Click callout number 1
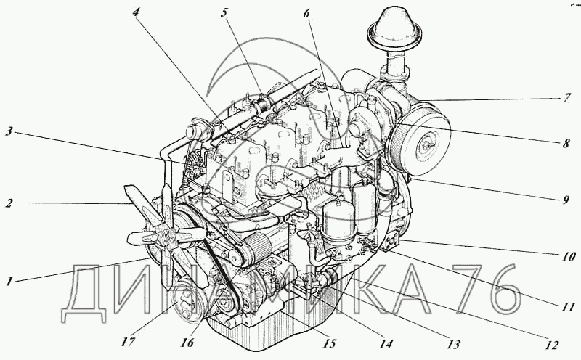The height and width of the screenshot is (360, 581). pos(9,282)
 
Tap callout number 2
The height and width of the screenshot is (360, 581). pos(9,203)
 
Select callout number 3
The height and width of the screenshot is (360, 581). pos(9,131)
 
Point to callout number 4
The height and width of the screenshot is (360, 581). pos(137,12)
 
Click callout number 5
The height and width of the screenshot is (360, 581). pos(224,12)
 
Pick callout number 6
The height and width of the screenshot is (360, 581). pos(306,13)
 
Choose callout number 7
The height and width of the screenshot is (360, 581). pos(567,98)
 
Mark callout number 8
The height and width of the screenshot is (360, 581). pos(566,143)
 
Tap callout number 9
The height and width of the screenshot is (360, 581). pos(566,200)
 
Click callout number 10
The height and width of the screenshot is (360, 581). pos(567,256)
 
